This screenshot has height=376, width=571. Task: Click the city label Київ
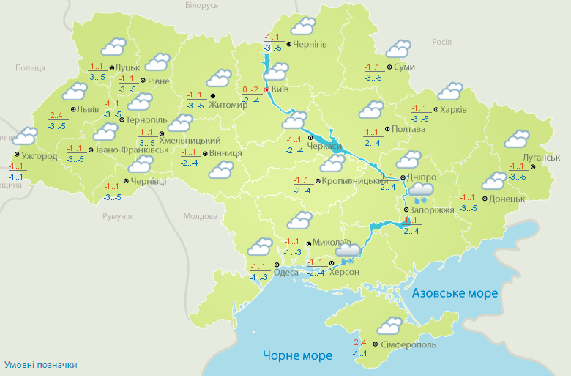[x=280, y=89]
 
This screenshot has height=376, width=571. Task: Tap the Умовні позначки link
[x=40, y=364]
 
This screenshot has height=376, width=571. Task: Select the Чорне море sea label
[x=297, y=355]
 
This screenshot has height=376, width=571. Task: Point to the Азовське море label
[x=455, y=293]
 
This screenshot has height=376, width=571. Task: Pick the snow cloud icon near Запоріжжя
[x=422, y=192]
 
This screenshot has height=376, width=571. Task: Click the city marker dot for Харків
[x=435, y=111]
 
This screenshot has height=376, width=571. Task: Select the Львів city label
[x=89, y=110]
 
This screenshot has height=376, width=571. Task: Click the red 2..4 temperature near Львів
[x=56, y=115]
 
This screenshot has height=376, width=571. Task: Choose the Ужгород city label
[x=39, y=156]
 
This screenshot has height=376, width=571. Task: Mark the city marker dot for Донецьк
[x=484, y=198]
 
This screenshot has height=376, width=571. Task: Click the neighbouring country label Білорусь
[x=202, y=5]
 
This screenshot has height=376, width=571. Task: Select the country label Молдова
[x=200, y=217]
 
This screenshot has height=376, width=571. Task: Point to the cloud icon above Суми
[x=398, y=50]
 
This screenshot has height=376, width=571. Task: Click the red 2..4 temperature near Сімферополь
[x=359, y=342]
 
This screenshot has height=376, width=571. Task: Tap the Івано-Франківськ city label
[x=133, y=150]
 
